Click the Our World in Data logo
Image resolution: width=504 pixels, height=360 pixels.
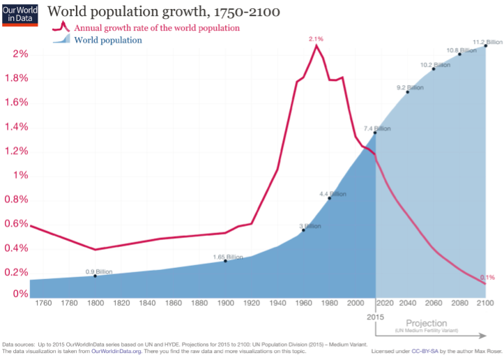pos(20,13)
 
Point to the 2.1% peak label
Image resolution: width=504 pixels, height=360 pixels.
pos(317,39)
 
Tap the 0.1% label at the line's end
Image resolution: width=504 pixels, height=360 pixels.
pos(487,277)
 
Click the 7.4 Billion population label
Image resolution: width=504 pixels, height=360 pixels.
pos(377,128)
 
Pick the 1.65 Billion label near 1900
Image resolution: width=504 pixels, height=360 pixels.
pos(228,257)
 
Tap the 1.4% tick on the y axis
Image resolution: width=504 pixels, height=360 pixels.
pos(16,126)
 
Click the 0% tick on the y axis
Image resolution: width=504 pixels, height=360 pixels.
pos(20,294)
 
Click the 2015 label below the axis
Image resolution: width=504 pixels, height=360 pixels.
pos(376,317)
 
